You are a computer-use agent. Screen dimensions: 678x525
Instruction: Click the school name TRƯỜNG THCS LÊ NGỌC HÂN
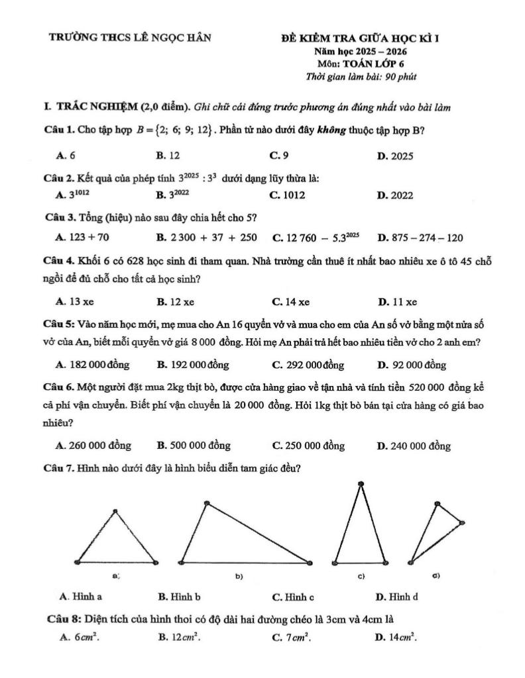coord(131,38)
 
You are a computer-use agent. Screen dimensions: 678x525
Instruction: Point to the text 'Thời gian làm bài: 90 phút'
coord(361,77)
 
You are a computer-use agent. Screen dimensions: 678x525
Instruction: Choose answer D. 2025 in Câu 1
coord(395,156)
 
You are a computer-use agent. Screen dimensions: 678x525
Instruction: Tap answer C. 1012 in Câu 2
coord(288,195)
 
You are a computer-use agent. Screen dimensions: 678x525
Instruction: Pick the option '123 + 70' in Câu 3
coord(84,237)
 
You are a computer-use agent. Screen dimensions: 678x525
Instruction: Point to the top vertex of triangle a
coord(116,510)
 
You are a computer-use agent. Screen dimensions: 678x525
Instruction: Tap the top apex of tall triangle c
coord(361,485)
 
